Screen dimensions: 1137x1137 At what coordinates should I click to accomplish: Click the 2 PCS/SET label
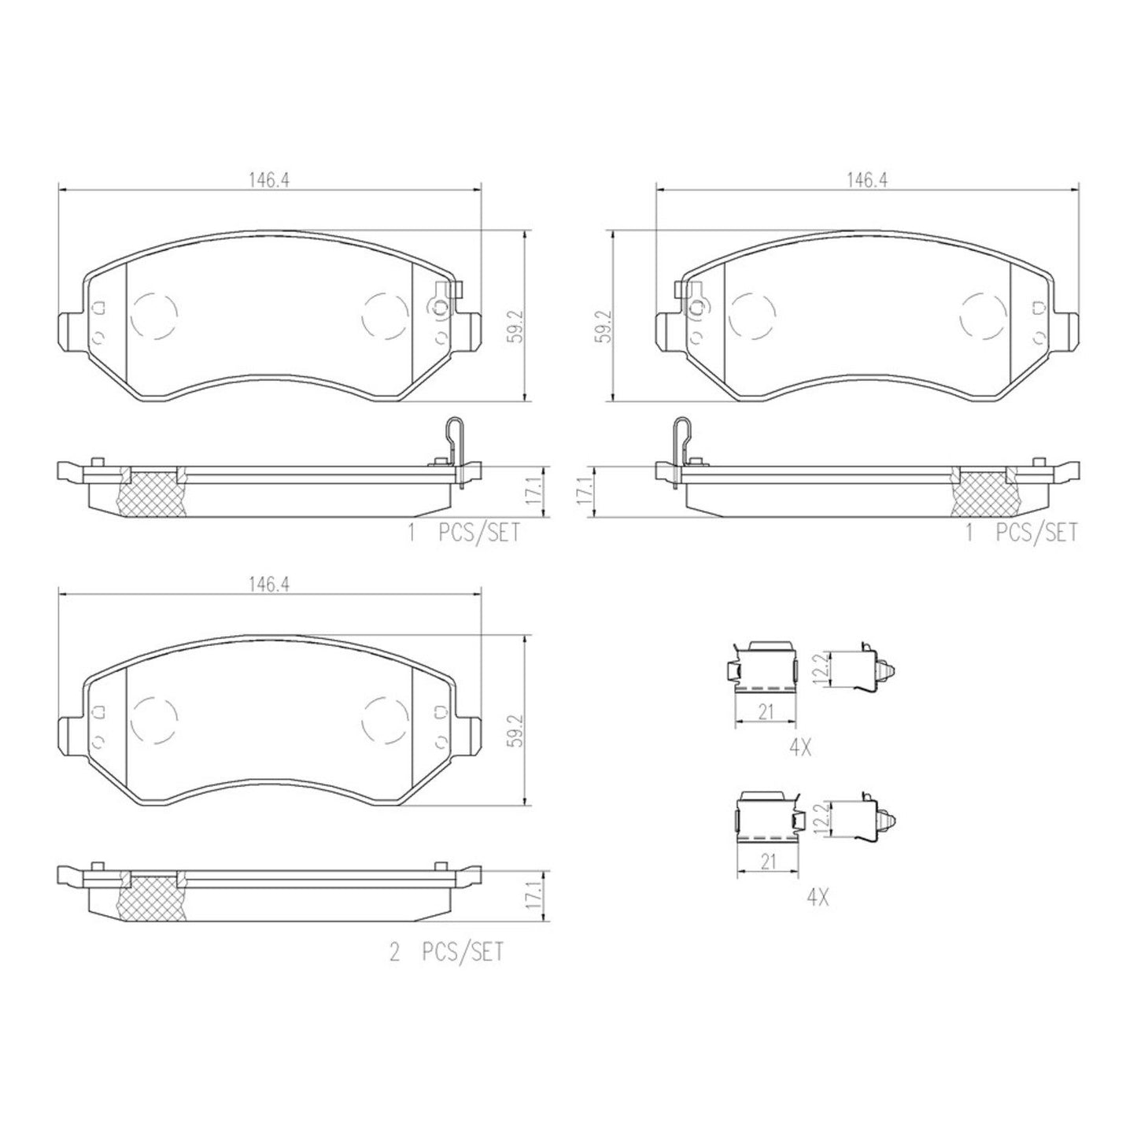445,953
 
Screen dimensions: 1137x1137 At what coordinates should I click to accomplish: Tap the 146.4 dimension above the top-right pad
866,179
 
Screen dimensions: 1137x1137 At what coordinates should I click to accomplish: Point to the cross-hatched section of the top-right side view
984,494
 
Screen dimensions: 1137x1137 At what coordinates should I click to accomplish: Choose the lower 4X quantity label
817,896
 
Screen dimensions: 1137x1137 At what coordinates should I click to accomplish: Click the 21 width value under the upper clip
766,712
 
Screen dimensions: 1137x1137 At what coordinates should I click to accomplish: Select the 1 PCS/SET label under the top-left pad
463,533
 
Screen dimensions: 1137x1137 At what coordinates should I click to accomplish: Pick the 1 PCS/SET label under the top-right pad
1021,533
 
